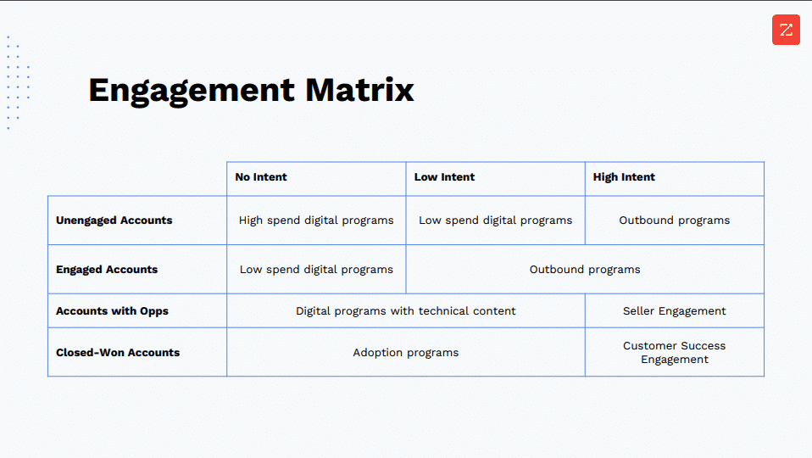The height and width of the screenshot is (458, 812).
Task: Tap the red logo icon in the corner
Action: [x=786, y=31]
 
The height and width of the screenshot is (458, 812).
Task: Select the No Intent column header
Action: [x=261, y=177]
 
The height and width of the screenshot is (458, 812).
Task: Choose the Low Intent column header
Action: [x=444, y=177]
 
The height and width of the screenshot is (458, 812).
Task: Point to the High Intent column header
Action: [x=624, y=177]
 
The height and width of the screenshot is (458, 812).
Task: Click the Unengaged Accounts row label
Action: [x=114, y=221]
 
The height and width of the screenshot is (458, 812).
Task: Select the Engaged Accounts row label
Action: [x=107, y=270]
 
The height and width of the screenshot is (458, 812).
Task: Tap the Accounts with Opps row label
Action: [x=112, y=311]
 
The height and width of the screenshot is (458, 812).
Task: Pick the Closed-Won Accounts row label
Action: [x=118, y=353]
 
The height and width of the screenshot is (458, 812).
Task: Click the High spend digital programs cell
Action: [x=316, y=221]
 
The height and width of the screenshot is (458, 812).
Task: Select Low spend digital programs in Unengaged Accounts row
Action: [x=495, y=221]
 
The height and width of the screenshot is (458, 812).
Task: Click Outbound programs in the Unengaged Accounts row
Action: [x=674, y=221]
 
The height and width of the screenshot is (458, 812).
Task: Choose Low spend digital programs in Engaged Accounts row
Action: [x=316, y=270]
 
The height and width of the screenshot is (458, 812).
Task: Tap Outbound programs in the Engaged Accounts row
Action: [x=585, y=270]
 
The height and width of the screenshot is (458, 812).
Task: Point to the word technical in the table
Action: [x=447, y=311]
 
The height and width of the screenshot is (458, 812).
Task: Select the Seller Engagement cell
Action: [x=674, y=311]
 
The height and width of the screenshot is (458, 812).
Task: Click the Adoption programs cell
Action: [x=405, y=353]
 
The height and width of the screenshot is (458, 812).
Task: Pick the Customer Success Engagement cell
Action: [x=674, y=353]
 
